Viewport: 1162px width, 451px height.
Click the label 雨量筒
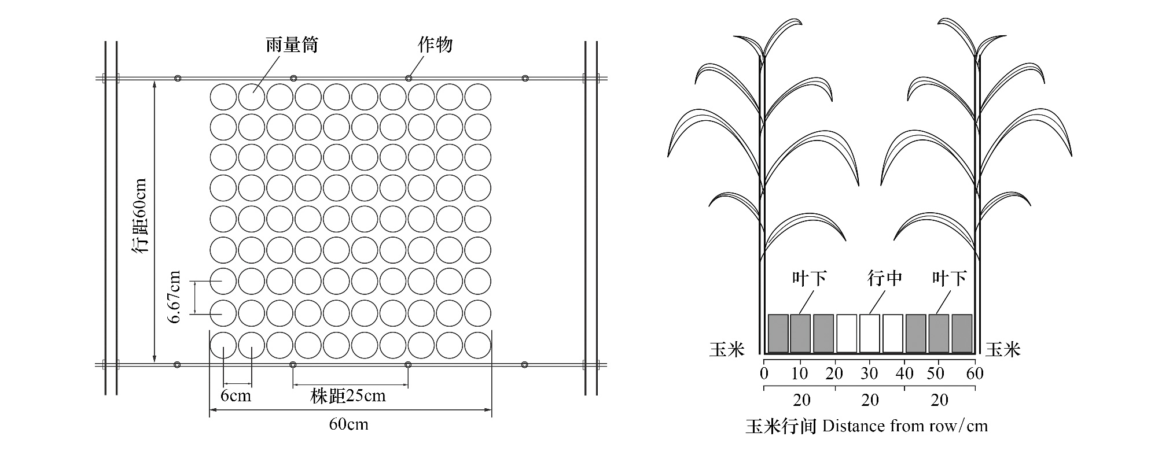click(292, 45)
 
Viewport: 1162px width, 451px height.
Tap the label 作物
click(435, 45)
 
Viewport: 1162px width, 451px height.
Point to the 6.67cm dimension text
click(175, 297)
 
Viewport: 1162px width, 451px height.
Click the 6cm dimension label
click(236, 396)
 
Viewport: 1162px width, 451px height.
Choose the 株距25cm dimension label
click(348, 396)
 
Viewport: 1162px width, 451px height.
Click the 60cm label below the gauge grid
click(349, 424)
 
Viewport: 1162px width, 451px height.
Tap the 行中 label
click(885, 279)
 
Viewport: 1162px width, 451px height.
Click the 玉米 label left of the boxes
click(727, 349)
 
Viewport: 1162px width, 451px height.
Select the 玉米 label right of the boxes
click(1003, 349)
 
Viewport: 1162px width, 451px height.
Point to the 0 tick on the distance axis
click(764, 374)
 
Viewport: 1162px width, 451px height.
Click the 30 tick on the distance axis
click(870, 374)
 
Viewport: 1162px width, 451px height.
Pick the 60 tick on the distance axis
click(975, 374)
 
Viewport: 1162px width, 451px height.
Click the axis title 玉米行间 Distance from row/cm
click(867, 427)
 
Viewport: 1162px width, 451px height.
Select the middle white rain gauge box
click(870, 334)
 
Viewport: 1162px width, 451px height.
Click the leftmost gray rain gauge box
click(778, 334)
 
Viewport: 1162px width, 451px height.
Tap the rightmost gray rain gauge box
click(962, 334)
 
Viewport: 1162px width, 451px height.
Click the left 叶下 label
click(809, 279)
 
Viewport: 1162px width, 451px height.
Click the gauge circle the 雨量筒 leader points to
click(252, 97)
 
